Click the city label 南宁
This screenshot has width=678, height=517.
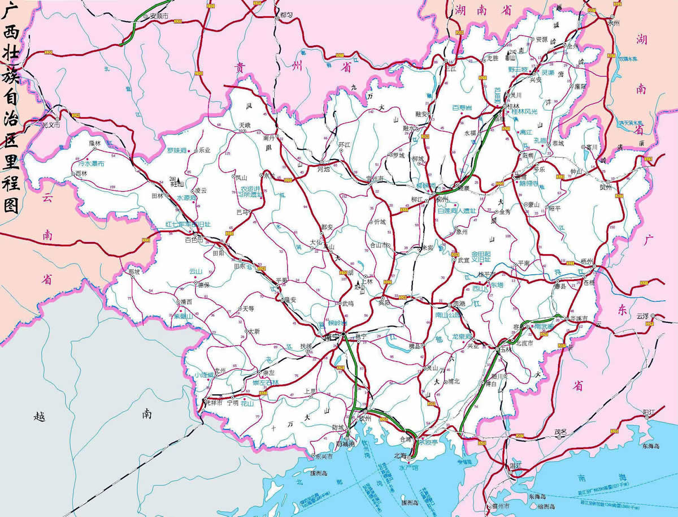click(331, 337)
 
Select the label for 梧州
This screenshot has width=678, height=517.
click(586, 262)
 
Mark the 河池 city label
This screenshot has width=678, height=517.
click(324, 169)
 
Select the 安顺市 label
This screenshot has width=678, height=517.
click(159, 16)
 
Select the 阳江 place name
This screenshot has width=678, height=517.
click(648, 413)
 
